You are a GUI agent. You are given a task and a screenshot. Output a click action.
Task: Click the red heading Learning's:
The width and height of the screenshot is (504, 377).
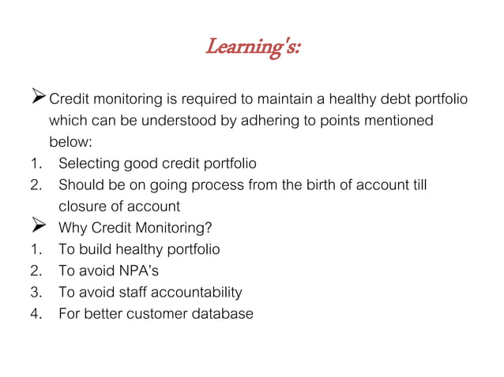(253, 48)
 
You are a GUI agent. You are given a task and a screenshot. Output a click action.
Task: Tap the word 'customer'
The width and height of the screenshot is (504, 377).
(162, 314)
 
